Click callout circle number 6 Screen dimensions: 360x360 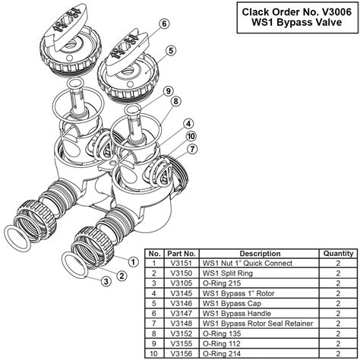pyautogui.click(x=164, y=24)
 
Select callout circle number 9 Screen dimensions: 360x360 pyautogui.click(x=172, y=91)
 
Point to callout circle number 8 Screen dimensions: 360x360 pyautogui.click(x=175, y=101)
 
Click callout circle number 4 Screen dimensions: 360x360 pyautogui.click(x=187, y=123)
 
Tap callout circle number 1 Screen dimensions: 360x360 pyautogui.click(x=132, y=261)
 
